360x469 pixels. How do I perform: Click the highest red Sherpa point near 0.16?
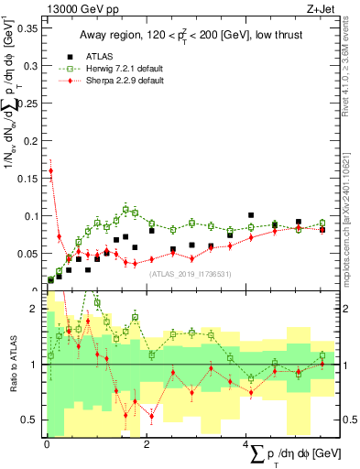(x=50, y=170)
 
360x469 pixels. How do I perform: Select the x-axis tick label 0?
(x=47, y=444)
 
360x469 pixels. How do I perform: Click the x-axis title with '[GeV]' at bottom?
(x=302, y=453)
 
